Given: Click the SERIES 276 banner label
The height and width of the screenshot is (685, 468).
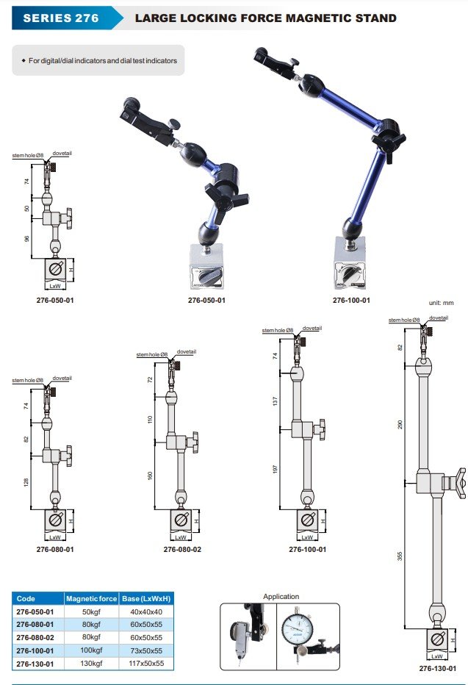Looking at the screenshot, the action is click(61, 18).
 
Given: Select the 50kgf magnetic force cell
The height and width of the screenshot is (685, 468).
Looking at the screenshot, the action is click(91, 612).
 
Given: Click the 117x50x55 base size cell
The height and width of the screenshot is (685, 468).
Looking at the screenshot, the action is click(146, 663).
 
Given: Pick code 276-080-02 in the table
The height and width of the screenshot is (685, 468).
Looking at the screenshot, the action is click(35, 638).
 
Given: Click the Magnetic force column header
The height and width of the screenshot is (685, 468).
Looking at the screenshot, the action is click(91, 599).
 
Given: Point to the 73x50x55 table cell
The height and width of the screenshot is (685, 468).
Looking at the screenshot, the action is click(146, 650).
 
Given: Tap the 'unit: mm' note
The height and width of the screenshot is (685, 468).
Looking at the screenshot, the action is click(441, 303).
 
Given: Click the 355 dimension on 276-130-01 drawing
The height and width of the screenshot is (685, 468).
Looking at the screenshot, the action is click(400, 556).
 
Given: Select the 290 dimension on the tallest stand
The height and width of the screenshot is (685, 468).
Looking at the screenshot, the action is click(400, 424).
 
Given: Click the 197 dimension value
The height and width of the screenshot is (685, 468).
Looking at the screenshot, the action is click(275, 469).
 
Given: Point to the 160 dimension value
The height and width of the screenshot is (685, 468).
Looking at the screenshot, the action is click(150, 476).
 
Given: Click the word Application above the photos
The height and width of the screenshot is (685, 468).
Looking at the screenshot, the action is click(281, 596).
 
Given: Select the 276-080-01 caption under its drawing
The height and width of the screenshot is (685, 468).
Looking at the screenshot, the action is click(55, 549).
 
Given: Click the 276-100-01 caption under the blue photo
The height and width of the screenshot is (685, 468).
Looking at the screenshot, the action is click(351, 300).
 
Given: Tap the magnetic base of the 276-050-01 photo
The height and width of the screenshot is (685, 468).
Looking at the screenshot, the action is click(207, 266).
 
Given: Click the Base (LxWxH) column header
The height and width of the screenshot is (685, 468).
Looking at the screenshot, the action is click(146, 599).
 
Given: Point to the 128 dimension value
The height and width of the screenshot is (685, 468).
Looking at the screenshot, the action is click(26, 482).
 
